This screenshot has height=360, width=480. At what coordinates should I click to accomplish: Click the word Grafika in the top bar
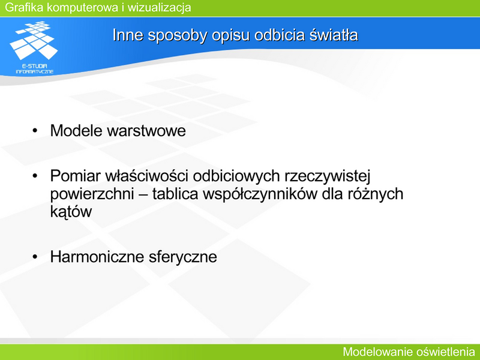click(24, 7)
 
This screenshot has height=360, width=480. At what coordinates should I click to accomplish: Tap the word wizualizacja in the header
click(159, 7)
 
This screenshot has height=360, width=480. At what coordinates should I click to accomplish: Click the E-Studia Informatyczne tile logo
click(34, 47)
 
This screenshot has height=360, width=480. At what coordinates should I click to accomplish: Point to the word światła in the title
click(334, 35)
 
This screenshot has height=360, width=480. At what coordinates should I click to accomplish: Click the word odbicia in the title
click(280, 35)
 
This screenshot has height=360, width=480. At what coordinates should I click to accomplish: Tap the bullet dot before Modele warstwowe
click(35, 131)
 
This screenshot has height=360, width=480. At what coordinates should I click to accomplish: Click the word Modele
click(77, 130)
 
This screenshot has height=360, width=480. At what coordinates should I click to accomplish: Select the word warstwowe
click(146, 131)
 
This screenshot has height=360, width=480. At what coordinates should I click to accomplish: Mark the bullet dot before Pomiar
click(35, 176)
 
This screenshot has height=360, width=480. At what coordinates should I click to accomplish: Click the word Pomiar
click(76, 176)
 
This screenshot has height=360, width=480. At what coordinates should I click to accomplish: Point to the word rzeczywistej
click(328, 176)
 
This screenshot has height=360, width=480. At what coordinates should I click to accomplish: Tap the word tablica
click(175, 194)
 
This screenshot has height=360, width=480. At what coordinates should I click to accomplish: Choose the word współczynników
click(260, 194)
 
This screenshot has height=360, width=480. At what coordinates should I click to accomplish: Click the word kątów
click(71, 212)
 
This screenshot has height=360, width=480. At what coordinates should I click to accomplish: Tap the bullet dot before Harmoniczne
click(35, 257)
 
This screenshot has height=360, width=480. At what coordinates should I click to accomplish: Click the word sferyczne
click(183, 257)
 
